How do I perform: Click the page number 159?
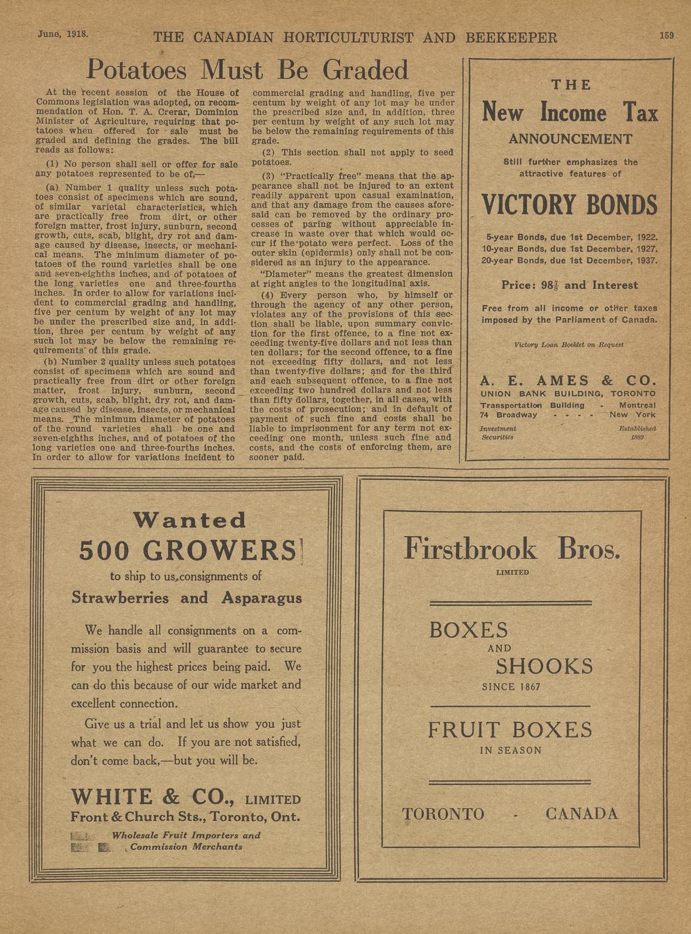point(667,35)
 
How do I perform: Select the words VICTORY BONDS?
point(569,204)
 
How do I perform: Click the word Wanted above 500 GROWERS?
point(190,520)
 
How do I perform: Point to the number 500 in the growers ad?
point(105,550)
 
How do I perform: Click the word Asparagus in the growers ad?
point(261,598)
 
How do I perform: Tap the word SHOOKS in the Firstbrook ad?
point(544,666)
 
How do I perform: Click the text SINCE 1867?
point(511,687)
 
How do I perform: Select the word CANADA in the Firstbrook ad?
point(581,814)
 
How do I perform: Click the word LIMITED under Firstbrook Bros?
point(512,573)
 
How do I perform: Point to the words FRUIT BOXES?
point(510,730)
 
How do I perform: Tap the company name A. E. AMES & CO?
point(568,380)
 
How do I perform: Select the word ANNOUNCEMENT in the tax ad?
point(570,139)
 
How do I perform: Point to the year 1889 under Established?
point(637,437)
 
